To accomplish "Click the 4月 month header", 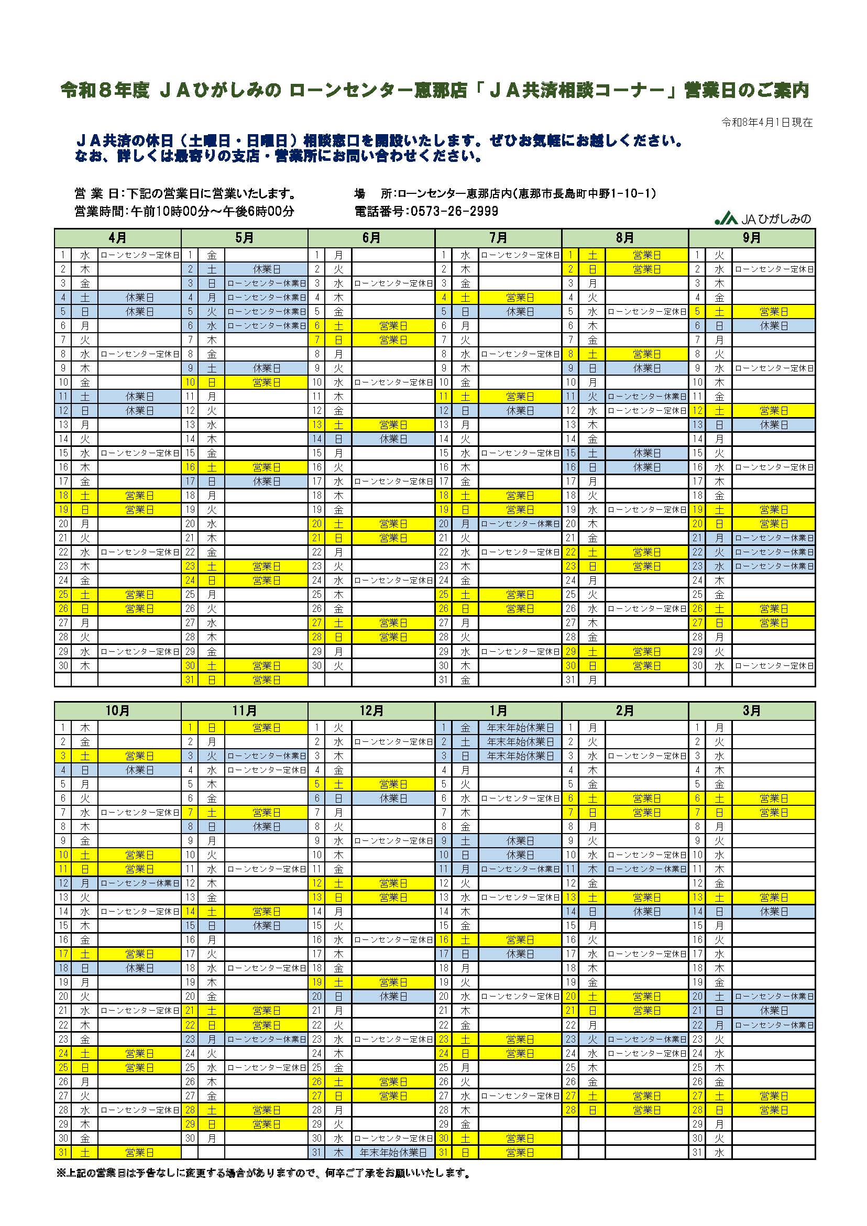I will point(117,238).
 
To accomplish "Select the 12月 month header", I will point(371,711).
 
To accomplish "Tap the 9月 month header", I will point(752,238).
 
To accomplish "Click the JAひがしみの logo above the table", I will point(763,218).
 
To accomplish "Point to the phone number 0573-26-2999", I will point(453,212).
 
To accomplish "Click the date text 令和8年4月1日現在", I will point(766,122).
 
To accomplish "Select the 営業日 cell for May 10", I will point(266,382).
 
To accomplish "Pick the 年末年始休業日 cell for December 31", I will point(393,1152).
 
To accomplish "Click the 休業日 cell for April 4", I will point(139,298).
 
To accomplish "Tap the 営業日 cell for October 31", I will point(139,1152).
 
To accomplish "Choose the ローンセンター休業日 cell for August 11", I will point(646,397).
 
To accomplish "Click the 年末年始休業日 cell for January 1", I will point(520,727).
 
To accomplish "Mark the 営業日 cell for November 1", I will point(266,727).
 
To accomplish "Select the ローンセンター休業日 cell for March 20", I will point(774,997).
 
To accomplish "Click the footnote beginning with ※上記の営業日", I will point(264,1174).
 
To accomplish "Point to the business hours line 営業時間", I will point(184,212).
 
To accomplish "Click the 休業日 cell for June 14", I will point(393,439).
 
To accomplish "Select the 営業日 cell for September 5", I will point(774,312).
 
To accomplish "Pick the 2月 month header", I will point(624,711).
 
